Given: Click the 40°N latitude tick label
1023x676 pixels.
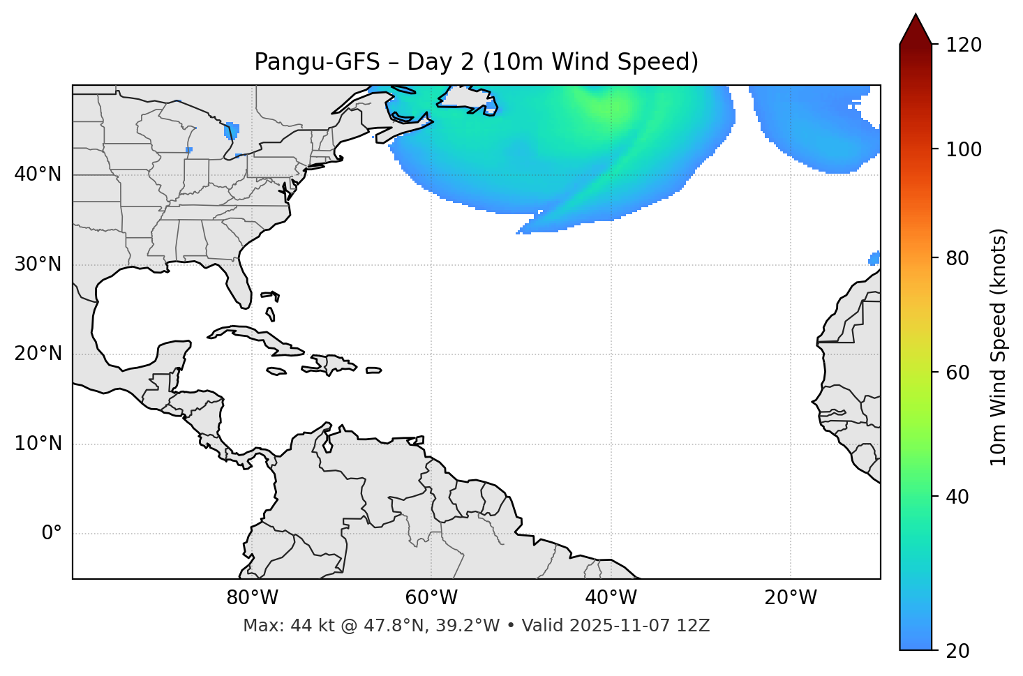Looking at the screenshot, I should click(x=38, y=174).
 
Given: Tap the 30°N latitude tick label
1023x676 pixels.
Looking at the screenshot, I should click(x=38, y=264).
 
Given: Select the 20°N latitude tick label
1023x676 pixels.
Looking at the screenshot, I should click(x=38, y=354).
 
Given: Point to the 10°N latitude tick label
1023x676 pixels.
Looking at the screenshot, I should click(x=38, y=444).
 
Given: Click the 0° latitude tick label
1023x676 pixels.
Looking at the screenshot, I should click(x=52, y=534).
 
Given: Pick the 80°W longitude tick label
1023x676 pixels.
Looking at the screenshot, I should click(x=252, y=598).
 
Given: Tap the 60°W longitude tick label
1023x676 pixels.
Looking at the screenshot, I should click(x=431, y=598).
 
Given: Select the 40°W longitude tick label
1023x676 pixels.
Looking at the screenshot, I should click(x=611, y=598).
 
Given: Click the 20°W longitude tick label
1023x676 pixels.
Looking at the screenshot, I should click(x=791, y=598).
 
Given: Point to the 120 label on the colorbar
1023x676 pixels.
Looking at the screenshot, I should click(x=964, y=45).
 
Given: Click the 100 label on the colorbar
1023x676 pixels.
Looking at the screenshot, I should click(x=964, y=149).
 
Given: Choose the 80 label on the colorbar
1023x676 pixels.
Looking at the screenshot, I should click(x=958, y=258).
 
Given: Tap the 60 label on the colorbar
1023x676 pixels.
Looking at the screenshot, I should click(x=958, y=373).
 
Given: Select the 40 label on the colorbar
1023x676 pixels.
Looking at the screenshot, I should click(x=958, y=497).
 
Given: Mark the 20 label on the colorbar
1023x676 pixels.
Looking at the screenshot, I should click(x=958, y=651).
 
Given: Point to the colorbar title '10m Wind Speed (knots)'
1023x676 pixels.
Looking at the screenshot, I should click(x=999, y=347).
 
